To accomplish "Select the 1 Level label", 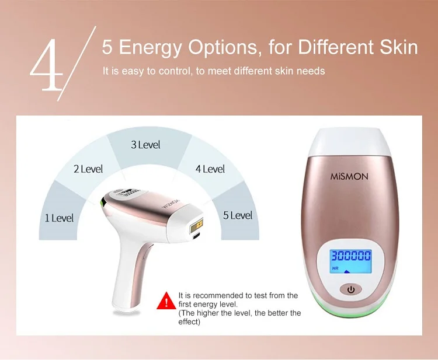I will pos(59,218).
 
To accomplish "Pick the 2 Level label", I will pos(88,169).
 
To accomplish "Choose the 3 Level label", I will pos(145,145).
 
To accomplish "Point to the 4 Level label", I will pos(210,169).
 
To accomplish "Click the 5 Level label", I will pos(238,215).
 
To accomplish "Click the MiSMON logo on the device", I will pos(350,176).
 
